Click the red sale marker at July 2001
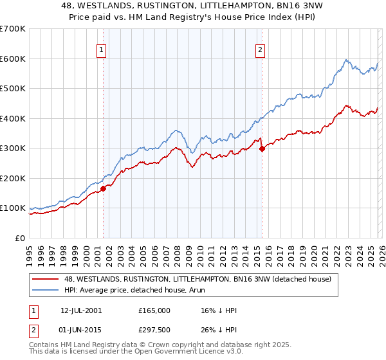click(x=103, y=188)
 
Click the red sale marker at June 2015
click(x=262, y=149)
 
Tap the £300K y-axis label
click(x=12, y=148)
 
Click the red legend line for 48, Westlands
click(x=46, y=279)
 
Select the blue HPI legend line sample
click(x=46, y=290)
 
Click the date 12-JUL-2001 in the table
click(x=81, y=310)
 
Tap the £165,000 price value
click(x=154, y=310)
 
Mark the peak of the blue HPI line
click(x=345, y=60)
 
